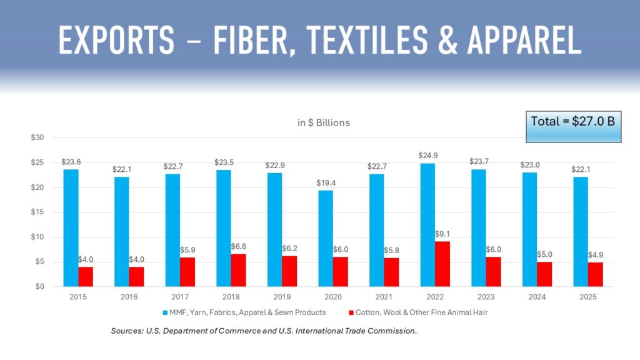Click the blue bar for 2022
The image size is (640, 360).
pyautogui.click(x=427, y=225)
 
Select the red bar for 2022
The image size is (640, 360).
pyautogui.click(x=442, y=264)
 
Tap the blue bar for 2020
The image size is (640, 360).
pyautogui.click(x=326, y=238)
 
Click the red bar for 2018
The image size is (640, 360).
pyautogui.click(x=238, y=270)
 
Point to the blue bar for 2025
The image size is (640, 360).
pyautogui.click(x=580, y=231)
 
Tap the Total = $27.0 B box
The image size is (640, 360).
pyautogui.click(x=572, y=125)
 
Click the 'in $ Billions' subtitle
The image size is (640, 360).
pyautogui.click(x=323, y=122)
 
